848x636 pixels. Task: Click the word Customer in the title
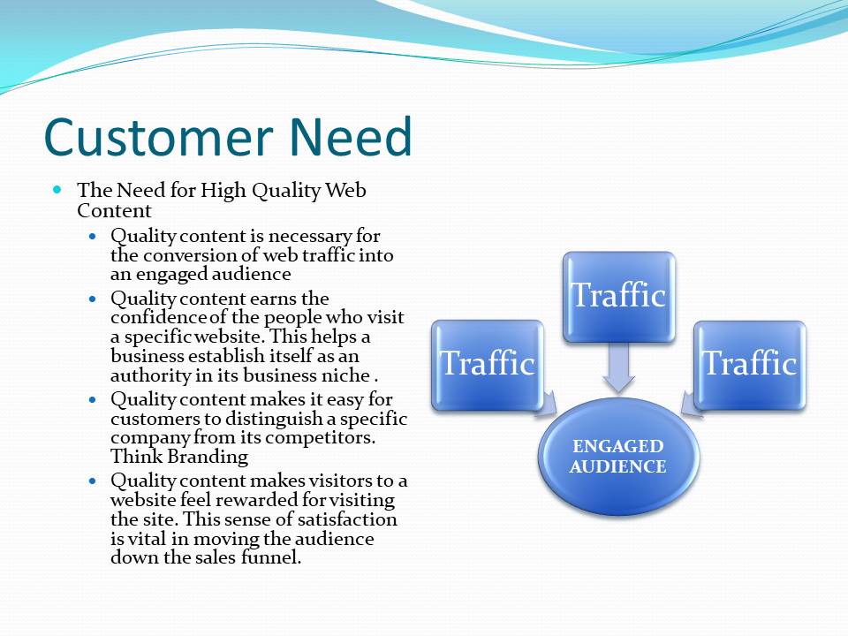[158, 136]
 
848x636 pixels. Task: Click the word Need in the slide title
[351, 136]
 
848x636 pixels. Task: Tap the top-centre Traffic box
[618, 297]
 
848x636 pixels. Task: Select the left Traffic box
[488, 365]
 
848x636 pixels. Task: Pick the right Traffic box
[750, 365]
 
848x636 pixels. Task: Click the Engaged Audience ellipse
[618, 457]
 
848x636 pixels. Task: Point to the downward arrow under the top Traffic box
[618, 367]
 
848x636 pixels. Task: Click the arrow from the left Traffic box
[546, 403]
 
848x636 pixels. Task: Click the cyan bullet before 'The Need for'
[58, 190]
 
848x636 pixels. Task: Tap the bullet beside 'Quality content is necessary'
[93, 237]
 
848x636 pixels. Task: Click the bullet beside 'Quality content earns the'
[93, 299]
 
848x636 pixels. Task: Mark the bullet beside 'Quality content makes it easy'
[93, 399]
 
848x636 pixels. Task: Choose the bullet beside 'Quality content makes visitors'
[93, 481]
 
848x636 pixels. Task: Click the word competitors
[320, 437]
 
